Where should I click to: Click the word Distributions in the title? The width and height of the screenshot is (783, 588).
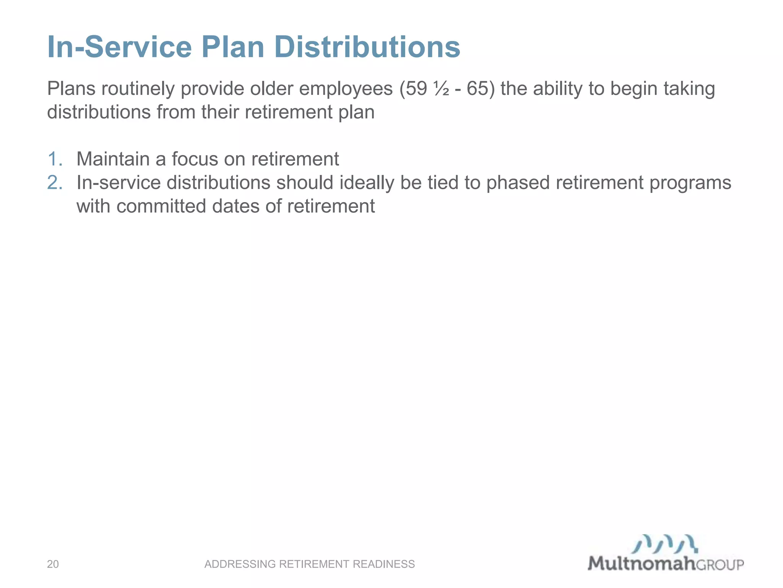pos(367,47)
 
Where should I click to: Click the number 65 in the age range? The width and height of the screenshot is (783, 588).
pos(478,89)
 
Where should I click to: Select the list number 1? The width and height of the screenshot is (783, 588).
pos(55,159)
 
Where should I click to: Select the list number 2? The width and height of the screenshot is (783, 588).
pos(55,183)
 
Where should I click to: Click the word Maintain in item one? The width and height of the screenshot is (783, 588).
pos(113,159)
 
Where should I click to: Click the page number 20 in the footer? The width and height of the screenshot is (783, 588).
pos(53,564)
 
